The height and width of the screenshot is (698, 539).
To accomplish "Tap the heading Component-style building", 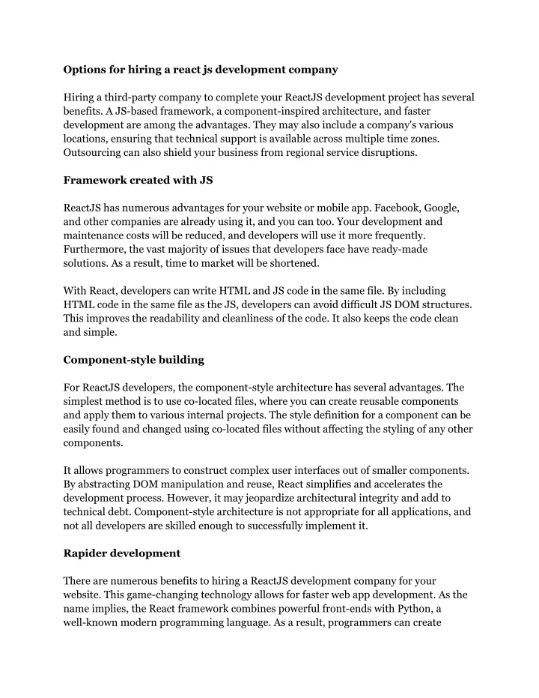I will click(134, 360).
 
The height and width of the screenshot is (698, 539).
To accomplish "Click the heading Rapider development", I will click(122, 553).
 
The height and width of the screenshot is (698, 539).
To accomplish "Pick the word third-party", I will click(132, 97).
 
